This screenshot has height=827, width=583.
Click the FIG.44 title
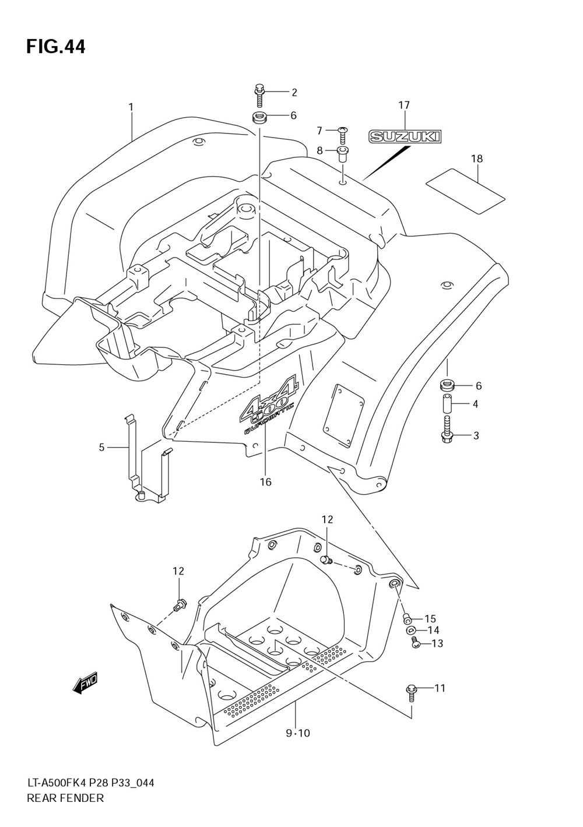[x=55, y=47]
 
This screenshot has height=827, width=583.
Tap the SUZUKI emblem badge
[x=405, y=137]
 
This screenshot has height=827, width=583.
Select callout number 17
[x=404, y=105]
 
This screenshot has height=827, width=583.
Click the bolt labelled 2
[x=259, y=93]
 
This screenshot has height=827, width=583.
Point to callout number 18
[x=477, y=159]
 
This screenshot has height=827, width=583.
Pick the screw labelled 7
[x=343, y=135]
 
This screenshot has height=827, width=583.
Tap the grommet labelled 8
[x=342, y=154]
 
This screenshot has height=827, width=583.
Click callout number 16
[x=266, y=482]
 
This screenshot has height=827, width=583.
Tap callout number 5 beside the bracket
[x=101, y=448]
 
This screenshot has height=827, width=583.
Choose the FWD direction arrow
[x=85, y=684]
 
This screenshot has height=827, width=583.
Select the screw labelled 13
[x=416, y=643]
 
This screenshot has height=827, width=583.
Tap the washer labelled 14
[x=410, y=630]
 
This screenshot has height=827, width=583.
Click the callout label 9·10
[x=297, y=733]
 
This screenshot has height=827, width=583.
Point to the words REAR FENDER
[x=65, y=798]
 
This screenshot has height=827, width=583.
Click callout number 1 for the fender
[x=131, y=107]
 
